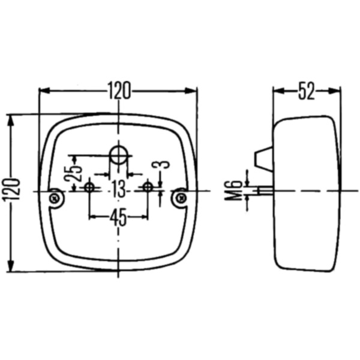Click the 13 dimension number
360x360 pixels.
118,190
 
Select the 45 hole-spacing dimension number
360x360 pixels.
118,217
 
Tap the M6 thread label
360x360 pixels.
236,191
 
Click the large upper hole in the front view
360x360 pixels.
118,154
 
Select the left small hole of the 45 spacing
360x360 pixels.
89,188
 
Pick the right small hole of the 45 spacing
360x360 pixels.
147,188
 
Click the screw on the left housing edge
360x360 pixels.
56,197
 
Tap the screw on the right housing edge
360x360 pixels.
180,197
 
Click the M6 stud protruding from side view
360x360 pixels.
264,190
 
